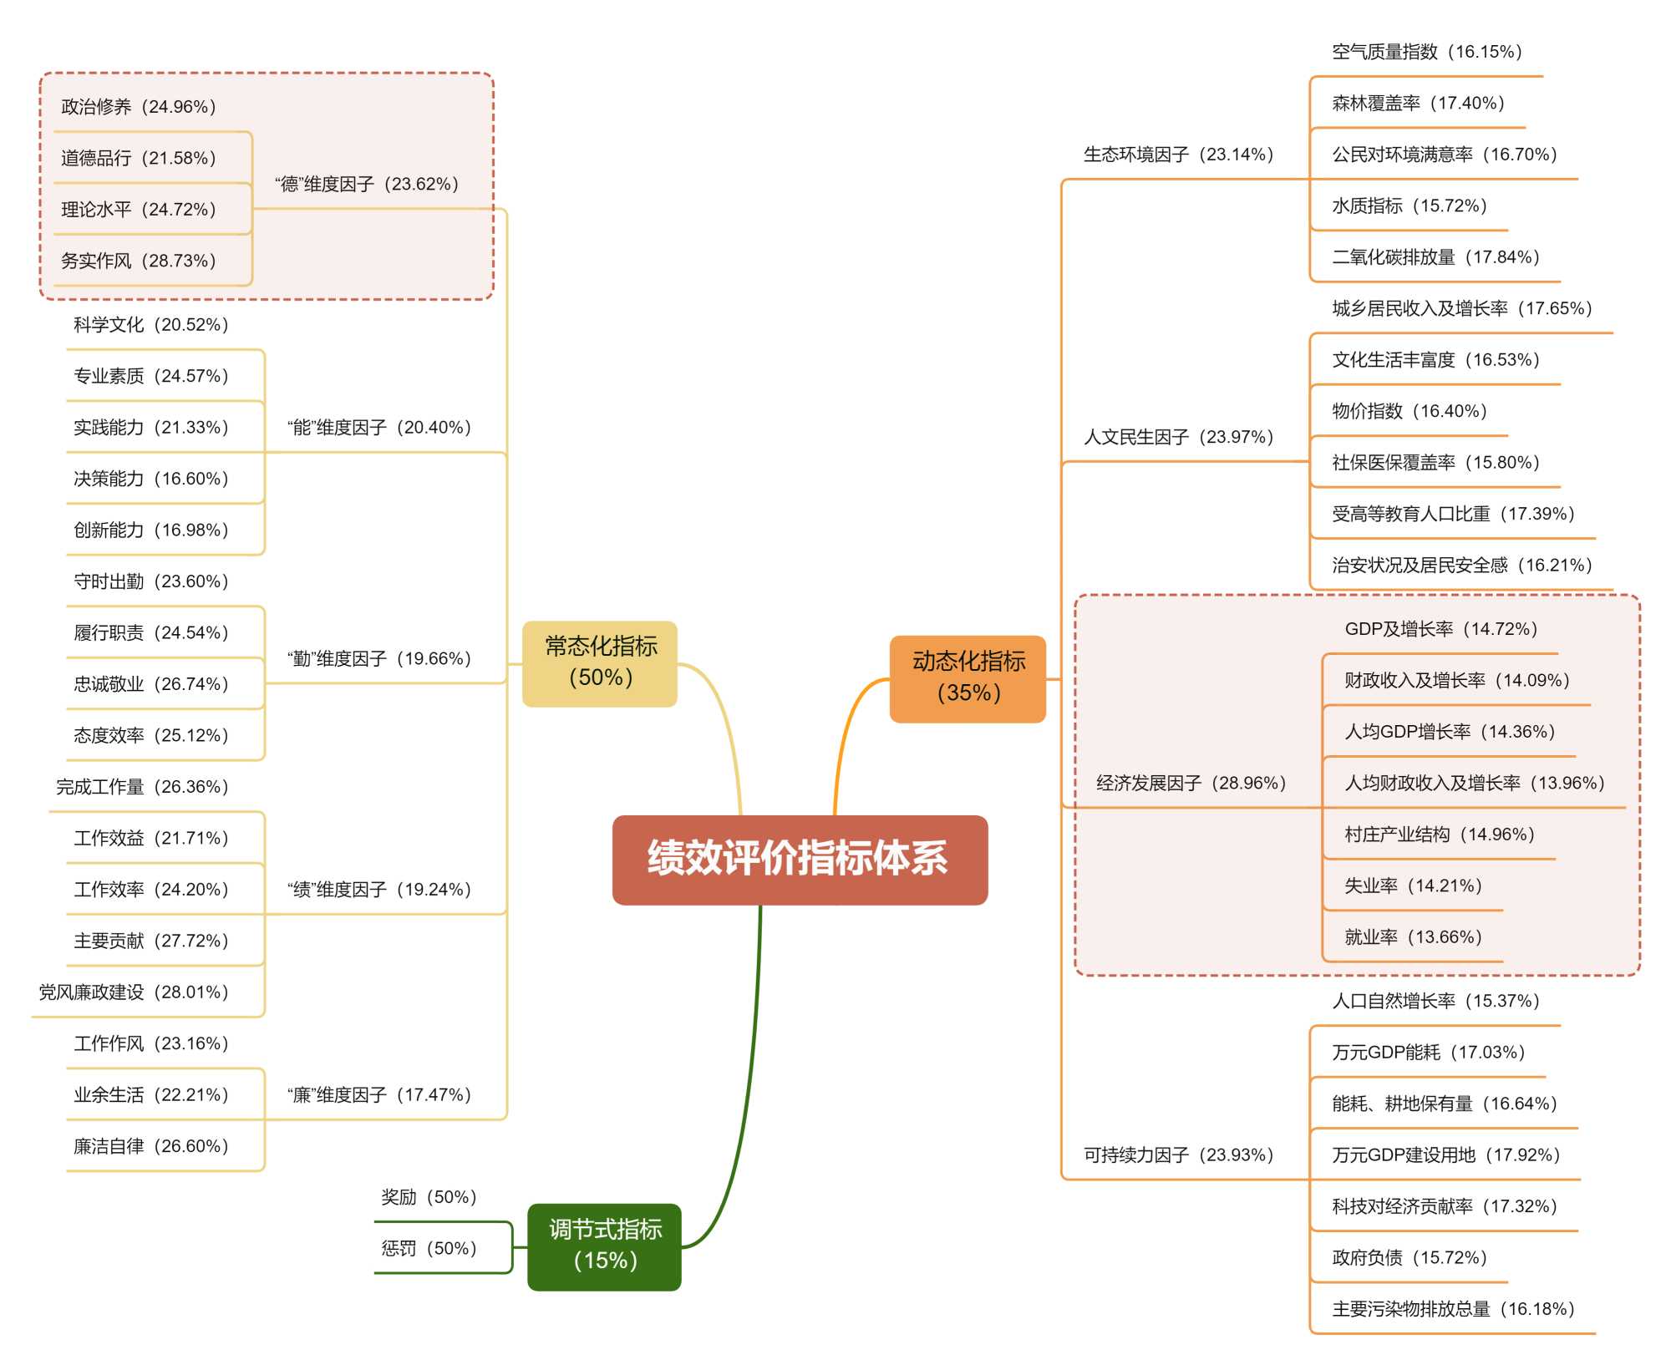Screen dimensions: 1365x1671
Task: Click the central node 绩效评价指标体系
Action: click(800, 860)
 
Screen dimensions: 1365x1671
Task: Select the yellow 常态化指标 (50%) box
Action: click(600, 663)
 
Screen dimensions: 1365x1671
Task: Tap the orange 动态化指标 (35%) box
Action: click(968, 678)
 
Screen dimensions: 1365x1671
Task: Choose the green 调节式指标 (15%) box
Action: click(604, 1246)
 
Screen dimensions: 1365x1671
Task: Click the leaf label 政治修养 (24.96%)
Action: click(139, 107)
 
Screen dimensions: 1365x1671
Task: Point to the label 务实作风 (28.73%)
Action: click(139, 261)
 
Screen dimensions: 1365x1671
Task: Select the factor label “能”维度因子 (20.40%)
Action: click(379, 428)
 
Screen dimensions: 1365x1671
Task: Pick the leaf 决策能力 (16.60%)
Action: click(151, 479)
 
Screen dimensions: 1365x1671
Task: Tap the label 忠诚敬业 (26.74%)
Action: click(151, 684)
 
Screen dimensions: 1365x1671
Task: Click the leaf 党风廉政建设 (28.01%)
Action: click(134, 992)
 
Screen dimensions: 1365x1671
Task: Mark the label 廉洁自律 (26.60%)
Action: click(151, 1146)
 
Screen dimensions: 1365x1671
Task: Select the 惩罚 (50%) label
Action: click(429, 1249)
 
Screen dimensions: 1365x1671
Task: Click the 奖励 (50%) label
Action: click(429, 1197)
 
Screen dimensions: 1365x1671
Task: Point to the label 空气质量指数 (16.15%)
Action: click(1427, 52)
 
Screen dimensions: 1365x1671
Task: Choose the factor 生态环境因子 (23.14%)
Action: click(1179, 155)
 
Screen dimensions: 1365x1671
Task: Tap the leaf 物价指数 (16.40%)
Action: click(1409, 411)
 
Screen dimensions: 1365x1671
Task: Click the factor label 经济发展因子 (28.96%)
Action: click(1191, 783)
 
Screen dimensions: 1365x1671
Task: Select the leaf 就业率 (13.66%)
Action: click(1413, 937)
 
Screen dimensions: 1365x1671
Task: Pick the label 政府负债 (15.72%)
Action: click(1409, 1258)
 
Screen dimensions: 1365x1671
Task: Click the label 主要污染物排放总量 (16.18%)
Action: click(1453, 1309)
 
